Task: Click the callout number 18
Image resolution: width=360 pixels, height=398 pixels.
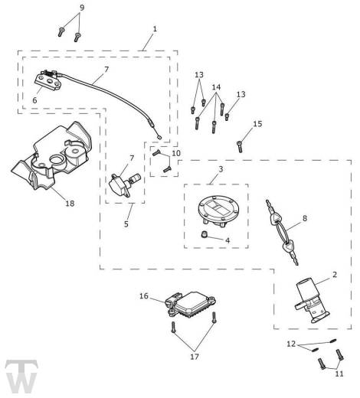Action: coord(70,204)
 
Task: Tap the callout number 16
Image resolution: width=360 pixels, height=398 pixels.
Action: coord(144,295)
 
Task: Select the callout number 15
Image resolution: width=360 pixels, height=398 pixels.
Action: coord(257,124)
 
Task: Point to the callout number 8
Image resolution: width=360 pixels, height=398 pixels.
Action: coord(305,218)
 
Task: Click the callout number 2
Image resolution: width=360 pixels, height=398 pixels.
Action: coord(335,275)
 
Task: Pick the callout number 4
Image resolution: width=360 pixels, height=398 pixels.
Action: coord(227,240)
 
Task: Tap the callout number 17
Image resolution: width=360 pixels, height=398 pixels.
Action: coord(195,357)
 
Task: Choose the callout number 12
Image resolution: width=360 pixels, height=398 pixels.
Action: coord(291,344)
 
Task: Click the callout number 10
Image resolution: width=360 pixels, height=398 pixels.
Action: coord(176,153)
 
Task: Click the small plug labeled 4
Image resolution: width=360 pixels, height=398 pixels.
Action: coord(204,234)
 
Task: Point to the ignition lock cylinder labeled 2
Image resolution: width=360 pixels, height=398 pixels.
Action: coord(312,301)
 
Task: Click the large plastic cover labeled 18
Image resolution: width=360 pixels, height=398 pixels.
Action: coord(51,155)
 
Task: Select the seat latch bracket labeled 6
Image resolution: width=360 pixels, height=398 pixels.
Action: coord(48,81)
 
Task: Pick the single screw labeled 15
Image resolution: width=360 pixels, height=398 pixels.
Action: coord(240,147)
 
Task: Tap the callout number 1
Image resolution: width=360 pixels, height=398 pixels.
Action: coord(155,29)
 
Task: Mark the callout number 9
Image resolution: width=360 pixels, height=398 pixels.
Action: coord(82,8)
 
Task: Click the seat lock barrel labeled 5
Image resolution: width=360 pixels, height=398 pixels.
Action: coord(124,184)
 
